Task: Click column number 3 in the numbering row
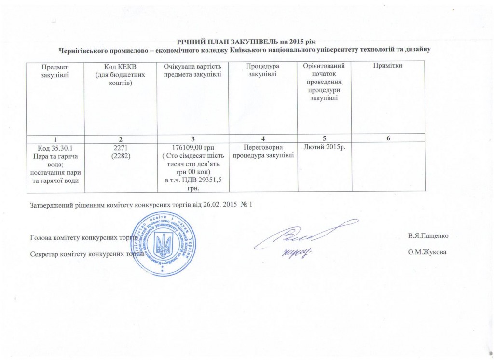point(192,139)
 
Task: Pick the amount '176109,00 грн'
point(193,147)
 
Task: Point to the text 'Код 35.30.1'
point(55,147)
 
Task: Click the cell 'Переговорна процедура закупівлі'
point(263,151)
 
